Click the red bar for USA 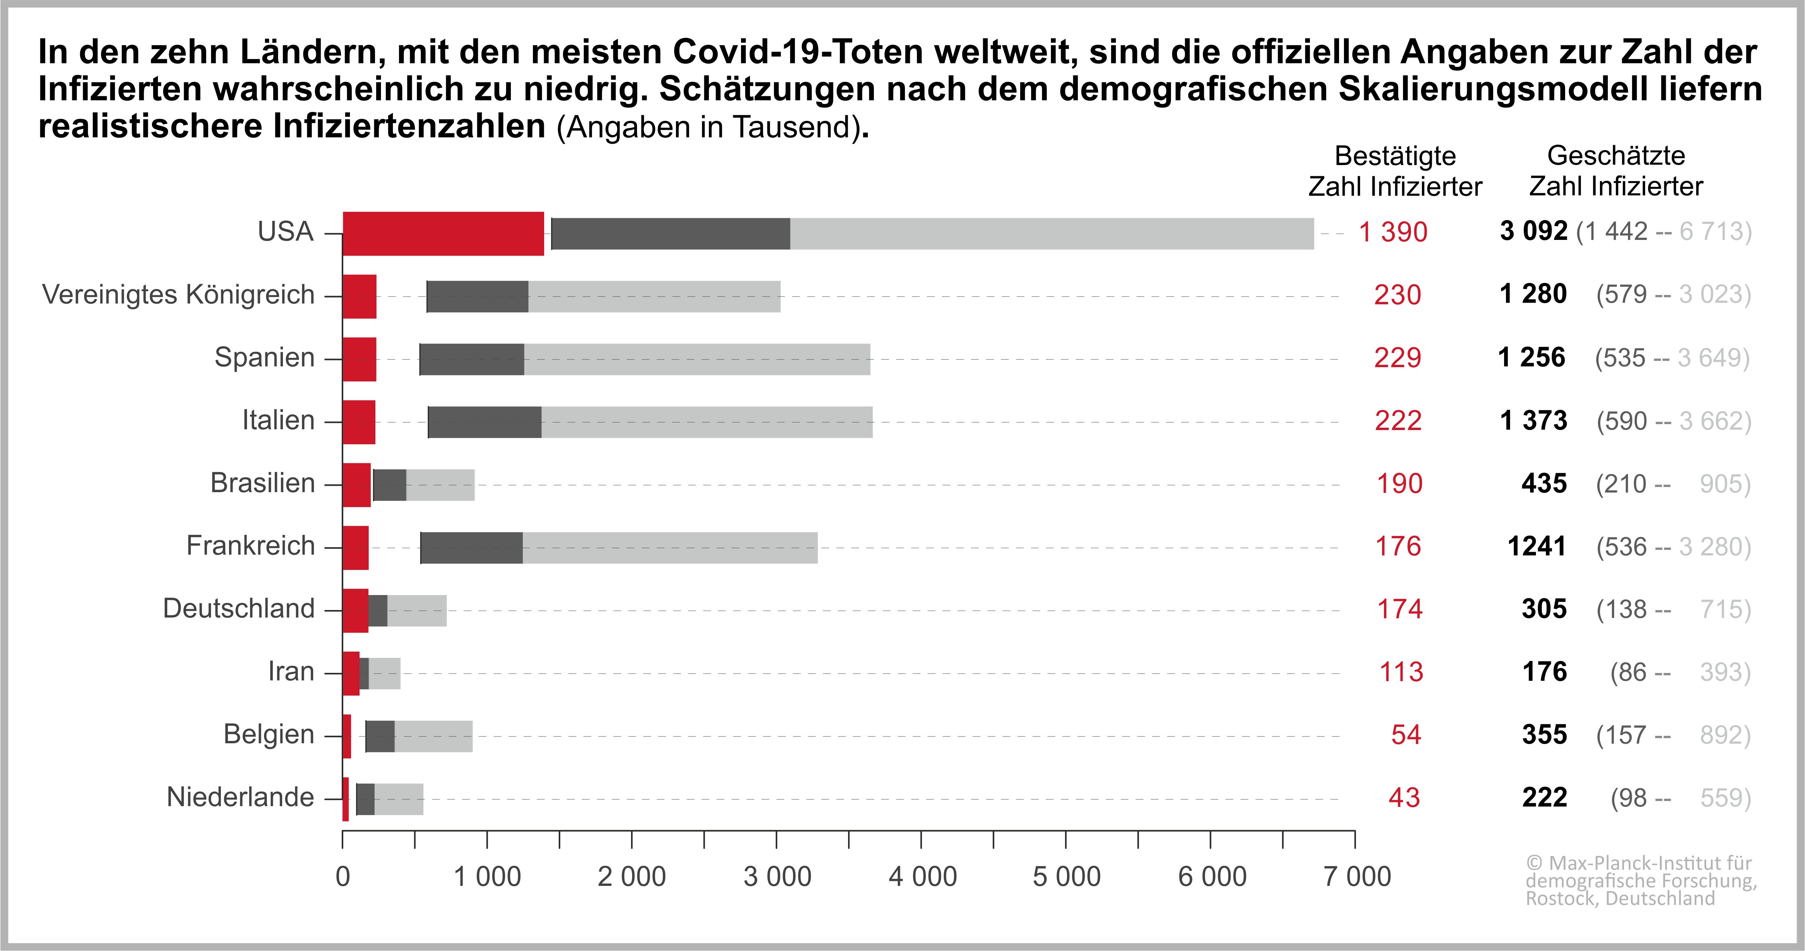point(443,234)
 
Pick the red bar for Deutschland point(355,610)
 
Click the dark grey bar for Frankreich point(472,547)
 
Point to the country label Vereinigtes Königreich point(178,295)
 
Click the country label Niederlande point(240,798)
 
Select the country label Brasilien point(263,484)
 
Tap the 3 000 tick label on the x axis point(777,877)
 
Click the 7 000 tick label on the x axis point(1357,877)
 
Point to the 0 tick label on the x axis point(343,877)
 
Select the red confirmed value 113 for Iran point(1401,672)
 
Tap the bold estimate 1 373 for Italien point(1533,421)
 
